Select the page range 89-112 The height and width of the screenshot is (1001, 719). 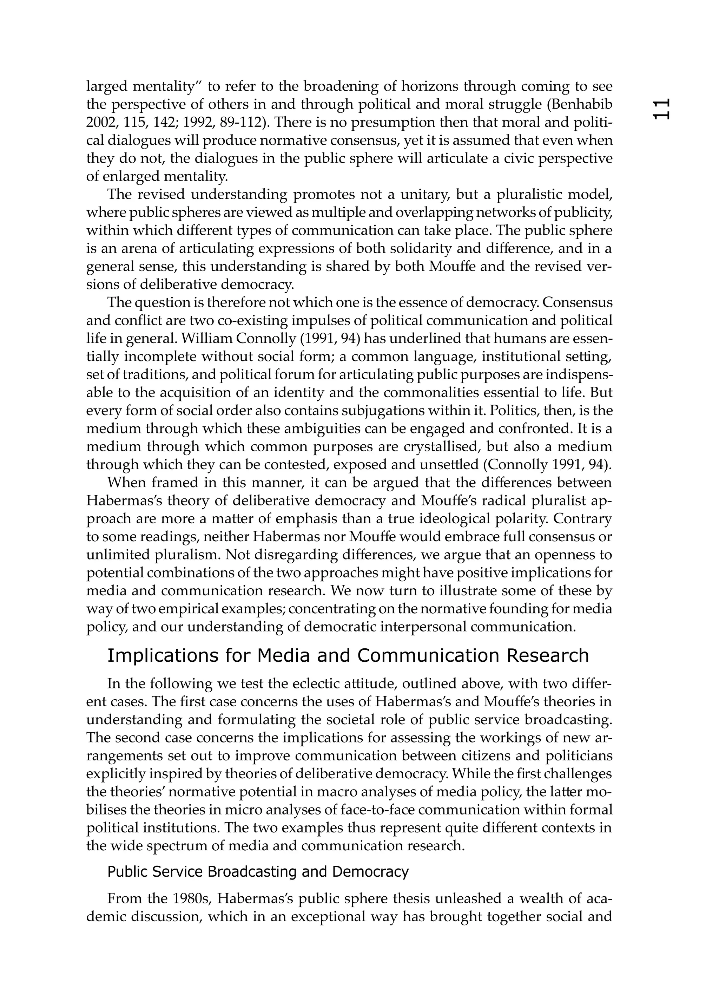[238, 122]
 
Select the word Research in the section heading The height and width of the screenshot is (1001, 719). [547, 656]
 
